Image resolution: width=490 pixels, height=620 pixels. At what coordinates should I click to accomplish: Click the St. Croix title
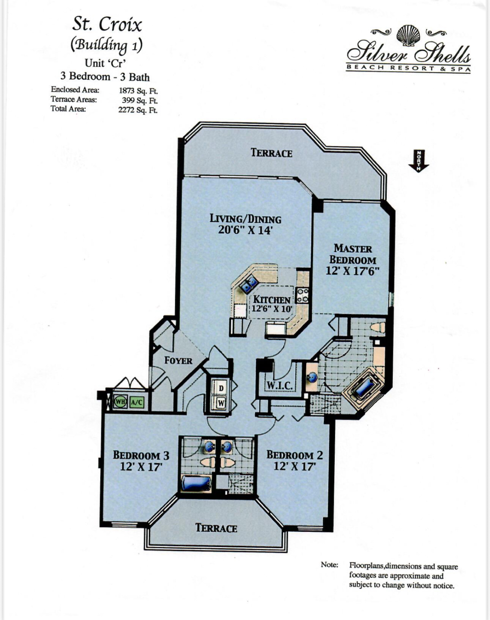pyautogui.click(x=107, y=24)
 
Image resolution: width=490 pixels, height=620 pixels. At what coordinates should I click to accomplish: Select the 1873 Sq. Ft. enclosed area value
pyautogui.click(x=138, y=91)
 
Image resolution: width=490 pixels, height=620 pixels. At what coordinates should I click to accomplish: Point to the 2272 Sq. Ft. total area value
pyautogui.click(x=138, y=110)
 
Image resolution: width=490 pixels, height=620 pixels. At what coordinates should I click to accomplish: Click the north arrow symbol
pyautogui.click(x=418, y=161)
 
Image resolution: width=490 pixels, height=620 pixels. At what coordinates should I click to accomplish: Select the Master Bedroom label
pyautogui.click(x=353, y=254)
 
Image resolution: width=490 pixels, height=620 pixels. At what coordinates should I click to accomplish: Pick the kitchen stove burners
pyautogui.click(x=303, y=295)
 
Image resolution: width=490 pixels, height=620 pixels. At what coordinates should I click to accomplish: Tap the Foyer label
pyautogui.click(x=178, y=360)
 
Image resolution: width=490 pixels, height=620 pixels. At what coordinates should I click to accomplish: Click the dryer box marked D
pyautogui.click(x=221, y=388)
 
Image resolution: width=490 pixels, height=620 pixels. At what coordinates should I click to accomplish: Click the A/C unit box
pyautogui.click(x=137, y=402)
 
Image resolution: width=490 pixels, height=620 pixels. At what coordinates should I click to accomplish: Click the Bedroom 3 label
pyautogui.click(x=141, y=455)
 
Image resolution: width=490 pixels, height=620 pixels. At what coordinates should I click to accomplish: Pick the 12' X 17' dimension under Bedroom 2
pyautogui.click(x=295, y=466)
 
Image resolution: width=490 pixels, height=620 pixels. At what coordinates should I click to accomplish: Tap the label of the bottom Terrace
pyautogui.click(x=216, y=528)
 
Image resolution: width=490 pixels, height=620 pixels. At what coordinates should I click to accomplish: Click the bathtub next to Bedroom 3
pyautogui.click(x=196, y=483)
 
